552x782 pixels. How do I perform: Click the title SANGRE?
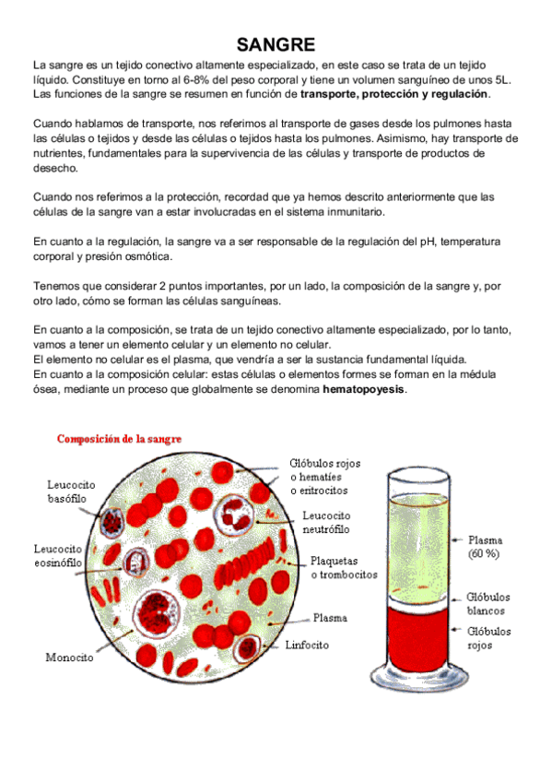coord(276,44)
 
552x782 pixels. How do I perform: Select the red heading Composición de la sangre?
coord(120,439)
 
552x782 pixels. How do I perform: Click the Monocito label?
coord(69,658)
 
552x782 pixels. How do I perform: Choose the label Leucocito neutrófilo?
coord(326,523)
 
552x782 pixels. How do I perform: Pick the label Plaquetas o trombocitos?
coord(344,567)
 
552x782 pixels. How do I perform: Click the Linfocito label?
coord(308,645)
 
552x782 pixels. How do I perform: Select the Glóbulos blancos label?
coord(487,604)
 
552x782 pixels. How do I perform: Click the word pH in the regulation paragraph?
coord(391,242)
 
